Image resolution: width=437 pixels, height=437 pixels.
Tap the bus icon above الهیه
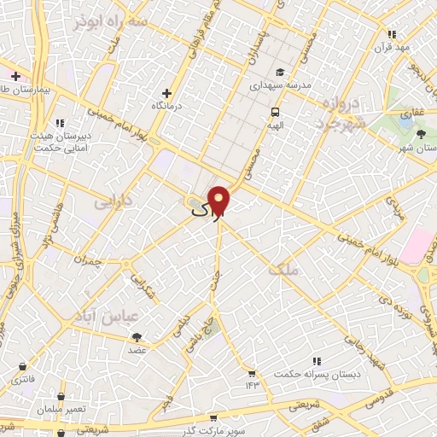[x=275, y=112]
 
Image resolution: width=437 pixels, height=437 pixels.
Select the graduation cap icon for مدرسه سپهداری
[x=281, y=73]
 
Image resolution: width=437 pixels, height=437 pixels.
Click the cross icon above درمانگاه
[x=168, y=92]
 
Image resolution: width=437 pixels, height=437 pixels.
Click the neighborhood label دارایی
[x=113, y=202]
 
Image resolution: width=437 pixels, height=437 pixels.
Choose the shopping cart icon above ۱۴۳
[x=251, y=373]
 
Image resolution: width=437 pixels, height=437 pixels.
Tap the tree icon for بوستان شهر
[x=420, y=134]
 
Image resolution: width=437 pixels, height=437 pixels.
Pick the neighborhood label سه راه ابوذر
[x=112, y=21]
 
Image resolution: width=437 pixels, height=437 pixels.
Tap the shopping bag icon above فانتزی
[x=20, y=366]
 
